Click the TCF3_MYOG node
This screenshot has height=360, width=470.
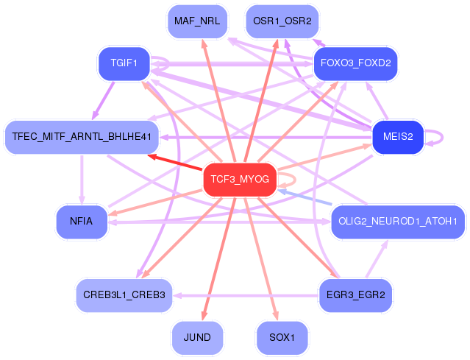click(x=240, y=180)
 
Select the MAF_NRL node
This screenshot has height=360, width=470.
click(x=197, y=21)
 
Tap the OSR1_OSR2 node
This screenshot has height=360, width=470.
click(x=282, y=21)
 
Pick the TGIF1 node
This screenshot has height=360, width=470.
click(x=124, y=63)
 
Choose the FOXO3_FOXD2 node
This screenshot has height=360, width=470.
click(x=355, y=63)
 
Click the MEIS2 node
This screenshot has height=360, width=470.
click(x=398, y=137)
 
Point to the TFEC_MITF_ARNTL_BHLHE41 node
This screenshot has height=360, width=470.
click(x=82, y=137)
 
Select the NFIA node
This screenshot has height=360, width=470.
click(x=82, y=222)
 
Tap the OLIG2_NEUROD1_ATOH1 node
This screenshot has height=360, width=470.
click(x=398, y=222)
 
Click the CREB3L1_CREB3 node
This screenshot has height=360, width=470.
click(x=124, y=295)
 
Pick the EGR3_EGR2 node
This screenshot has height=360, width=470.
click(x=355, y=295)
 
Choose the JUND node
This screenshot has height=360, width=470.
click(x=197, y=338)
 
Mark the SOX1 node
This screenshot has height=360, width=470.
click(x=282, y=338)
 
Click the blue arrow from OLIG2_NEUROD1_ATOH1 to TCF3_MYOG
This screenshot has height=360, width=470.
click(x=305, y=197)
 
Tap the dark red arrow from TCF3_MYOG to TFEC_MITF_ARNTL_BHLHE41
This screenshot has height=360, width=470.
click(x=175, y=162)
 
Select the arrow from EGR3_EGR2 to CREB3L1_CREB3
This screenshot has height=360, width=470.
click(x=246, y=295)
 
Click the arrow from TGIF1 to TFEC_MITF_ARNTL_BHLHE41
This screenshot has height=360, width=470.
click(x=103, y=101)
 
